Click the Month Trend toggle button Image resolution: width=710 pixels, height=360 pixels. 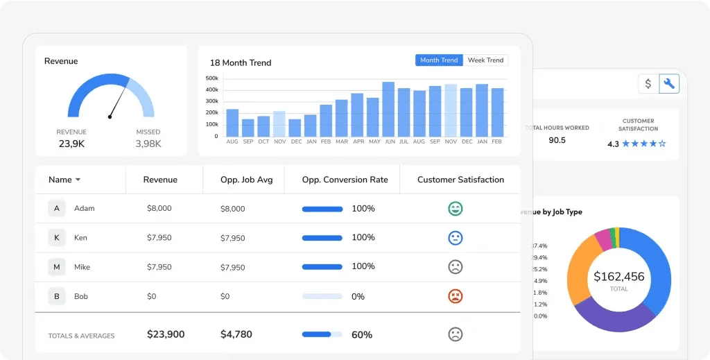tap(439, 60)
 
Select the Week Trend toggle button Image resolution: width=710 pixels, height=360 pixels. tap(485, 60)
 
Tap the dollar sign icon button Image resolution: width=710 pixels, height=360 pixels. tap(648, 84)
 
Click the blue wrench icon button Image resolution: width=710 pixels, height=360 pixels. tap(669, 84)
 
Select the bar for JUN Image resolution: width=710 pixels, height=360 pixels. tap(388, 110)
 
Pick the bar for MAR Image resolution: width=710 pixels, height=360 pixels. tap(342, 118)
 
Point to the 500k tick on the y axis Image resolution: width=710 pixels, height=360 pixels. tap(212, 78)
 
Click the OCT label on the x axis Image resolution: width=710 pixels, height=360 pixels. tap(263, 142)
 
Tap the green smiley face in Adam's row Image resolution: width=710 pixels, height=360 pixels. tap(456, 208)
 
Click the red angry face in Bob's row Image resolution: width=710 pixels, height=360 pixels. tap(456, 296)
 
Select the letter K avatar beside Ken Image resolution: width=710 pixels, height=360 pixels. tap(57, 238)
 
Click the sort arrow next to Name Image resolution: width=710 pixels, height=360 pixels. tap(78, 180)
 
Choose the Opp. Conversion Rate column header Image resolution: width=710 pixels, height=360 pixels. tap(345, 180)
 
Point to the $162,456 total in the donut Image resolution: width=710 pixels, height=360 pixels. tap(618, 277)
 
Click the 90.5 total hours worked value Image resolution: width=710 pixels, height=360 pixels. tap(557, 140)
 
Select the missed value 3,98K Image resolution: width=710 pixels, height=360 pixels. tap(148, 144)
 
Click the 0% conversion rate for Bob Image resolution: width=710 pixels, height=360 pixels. tap(358, 296)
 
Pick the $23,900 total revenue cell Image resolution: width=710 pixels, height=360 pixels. tap(166, 334)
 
